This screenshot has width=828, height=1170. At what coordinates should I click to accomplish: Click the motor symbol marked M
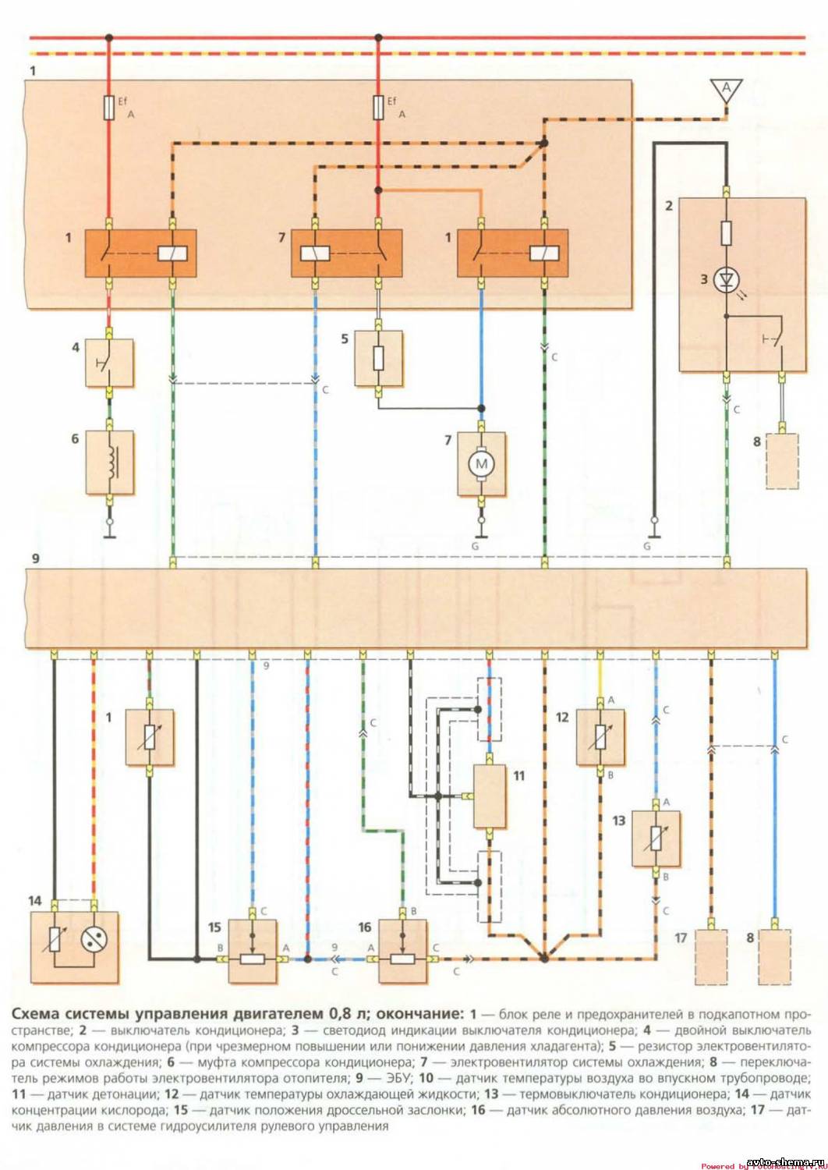(481, 465)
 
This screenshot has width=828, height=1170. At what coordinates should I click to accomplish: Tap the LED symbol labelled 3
(726, 278)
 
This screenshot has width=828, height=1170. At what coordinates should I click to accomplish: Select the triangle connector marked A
(726, 90)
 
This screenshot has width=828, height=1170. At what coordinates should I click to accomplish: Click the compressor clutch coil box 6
(109, 463)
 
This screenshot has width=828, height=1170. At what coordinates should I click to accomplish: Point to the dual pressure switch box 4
(109, 362)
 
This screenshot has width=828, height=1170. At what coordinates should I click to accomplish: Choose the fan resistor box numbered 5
(379, 359)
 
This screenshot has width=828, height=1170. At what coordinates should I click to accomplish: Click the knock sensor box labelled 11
(490, 796)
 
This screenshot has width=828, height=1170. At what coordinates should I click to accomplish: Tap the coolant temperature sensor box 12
(600, 737)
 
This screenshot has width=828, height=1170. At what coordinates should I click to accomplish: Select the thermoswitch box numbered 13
(655, 838)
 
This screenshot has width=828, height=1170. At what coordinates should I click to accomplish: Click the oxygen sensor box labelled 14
(75, 948)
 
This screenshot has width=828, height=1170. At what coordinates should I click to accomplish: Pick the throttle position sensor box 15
(253, 949)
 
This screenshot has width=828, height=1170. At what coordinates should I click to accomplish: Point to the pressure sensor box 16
(403, 949)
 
